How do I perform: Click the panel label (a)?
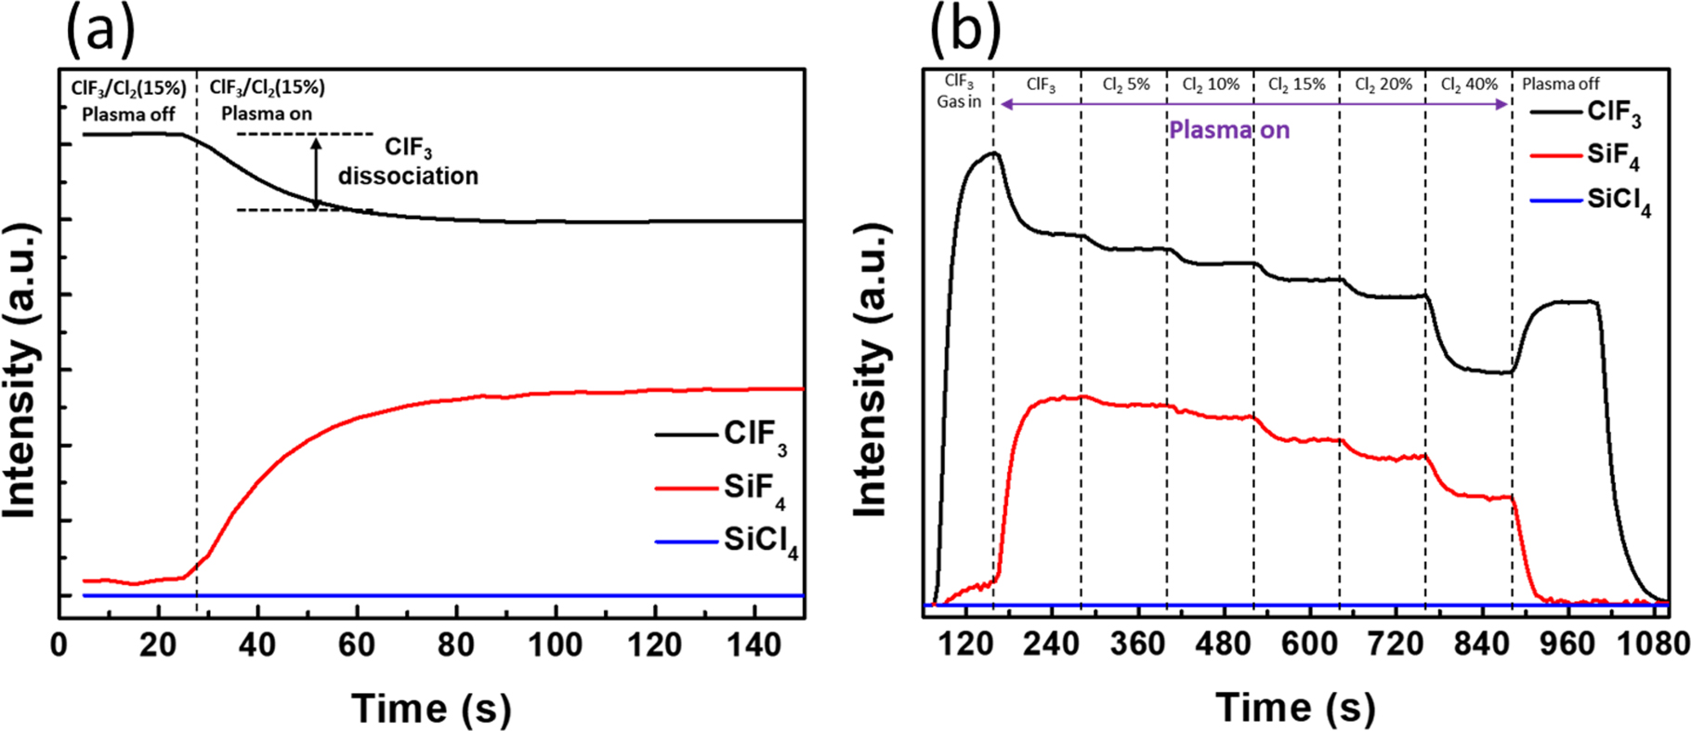point(100,32)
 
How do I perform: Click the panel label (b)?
point(965,32)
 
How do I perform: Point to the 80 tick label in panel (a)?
point(455,644)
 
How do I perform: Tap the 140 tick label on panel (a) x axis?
point(754,644)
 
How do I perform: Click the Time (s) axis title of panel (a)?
point(431,709)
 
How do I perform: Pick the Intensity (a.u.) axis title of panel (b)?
point(870,371)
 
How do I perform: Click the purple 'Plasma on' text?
point(1229,130)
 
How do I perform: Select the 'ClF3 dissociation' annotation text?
point(408,162)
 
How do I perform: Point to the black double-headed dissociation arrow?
point(316,173)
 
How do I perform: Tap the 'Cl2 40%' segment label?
point(1469,85)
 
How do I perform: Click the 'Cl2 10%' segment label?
point(1211,85)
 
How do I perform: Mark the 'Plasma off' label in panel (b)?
point(1560,85)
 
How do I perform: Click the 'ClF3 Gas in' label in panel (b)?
point(959,92)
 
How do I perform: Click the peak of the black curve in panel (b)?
point(993,153)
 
